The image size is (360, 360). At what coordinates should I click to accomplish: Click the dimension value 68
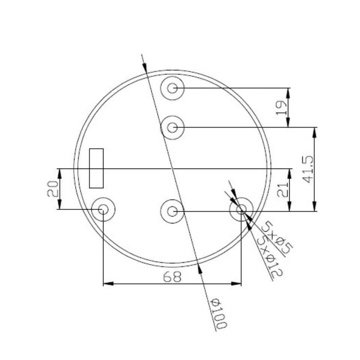click(172, 277)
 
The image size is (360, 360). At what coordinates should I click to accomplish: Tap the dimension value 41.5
click(308, 169)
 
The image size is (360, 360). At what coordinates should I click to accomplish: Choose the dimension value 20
click(52, 189)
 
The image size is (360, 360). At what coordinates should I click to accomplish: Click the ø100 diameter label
click(218, 313)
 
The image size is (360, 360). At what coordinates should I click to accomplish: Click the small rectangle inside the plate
click(96, 168)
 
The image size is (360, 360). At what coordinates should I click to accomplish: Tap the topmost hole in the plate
click(172, 88)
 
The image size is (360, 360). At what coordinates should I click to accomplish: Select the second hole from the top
click(172, 127)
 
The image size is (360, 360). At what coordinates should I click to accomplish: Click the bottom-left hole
click(103, 209)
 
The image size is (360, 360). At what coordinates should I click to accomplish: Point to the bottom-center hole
click(172, 211)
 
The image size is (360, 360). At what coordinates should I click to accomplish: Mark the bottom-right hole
click(241, 209)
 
